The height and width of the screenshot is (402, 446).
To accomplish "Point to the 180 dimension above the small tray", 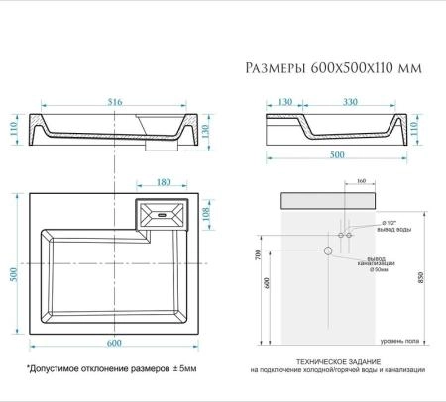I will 165,183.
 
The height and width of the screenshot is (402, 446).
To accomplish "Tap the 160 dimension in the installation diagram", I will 361,182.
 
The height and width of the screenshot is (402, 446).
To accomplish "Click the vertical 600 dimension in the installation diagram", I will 266,282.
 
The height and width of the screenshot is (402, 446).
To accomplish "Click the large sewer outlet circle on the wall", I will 328,251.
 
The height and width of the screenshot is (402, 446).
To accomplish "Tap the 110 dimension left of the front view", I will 14,127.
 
